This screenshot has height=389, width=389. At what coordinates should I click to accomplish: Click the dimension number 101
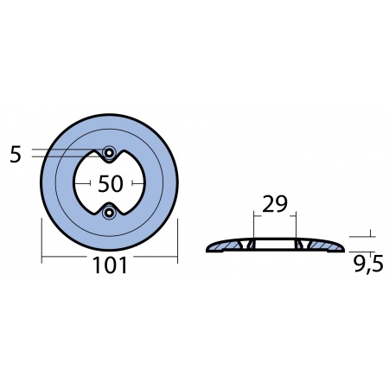[109, 265]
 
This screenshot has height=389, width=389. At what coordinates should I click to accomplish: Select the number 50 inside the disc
[110, 183]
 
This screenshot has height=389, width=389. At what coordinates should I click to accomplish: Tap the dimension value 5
[16, 155]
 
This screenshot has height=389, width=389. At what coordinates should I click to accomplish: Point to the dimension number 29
[273, 205]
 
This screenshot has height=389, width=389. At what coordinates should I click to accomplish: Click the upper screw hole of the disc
[109, 153]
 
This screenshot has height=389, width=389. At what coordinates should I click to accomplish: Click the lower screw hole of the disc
[109, 213]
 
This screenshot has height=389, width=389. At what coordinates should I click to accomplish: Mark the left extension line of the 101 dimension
[41, 238]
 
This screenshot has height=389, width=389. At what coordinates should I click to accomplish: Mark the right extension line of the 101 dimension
[177, 238]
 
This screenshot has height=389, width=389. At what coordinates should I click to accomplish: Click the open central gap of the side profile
[273, 247]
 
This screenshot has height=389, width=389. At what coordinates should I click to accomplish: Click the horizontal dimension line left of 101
[65, 257]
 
